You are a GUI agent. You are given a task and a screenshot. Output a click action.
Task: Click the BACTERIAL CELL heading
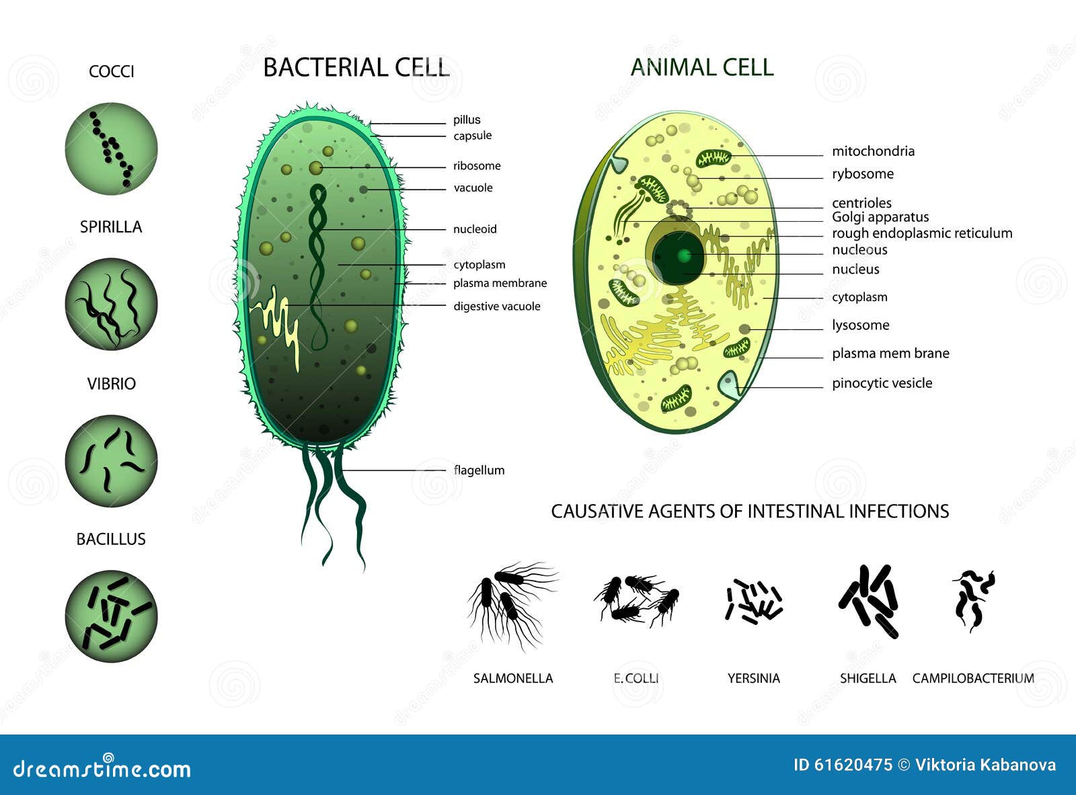(x=356, y=68)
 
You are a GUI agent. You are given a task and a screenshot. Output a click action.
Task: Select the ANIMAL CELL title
(x=702, y=67)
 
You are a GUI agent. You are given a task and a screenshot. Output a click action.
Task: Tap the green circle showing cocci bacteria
(x=112, y=149)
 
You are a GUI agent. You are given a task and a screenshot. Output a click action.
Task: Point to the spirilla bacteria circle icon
(x=112, y=304)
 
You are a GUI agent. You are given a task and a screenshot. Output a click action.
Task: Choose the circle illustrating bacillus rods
(x=112, y=616)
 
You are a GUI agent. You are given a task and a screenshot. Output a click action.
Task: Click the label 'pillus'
(x=467, y=120)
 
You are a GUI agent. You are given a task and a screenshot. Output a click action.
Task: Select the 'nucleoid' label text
(x=475, y=229)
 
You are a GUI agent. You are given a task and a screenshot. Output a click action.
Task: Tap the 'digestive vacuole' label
(x=496, y=306)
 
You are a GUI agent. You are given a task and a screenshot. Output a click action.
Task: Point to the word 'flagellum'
(x=479, y=470)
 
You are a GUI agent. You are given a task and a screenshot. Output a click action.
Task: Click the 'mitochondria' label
(x=873, y=151)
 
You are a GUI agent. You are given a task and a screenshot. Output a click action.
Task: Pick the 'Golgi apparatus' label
(x=880, y=217)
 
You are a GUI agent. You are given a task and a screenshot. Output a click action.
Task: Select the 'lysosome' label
(x=860, y=325)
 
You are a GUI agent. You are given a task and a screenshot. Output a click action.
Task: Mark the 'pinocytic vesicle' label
(x=882, y=383)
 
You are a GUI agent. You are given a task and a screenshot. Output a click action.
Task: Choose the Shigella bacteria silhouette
(x=869, y=600)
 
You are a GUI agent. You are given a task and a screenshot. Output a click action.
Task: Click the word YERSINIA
(x=753, y=679)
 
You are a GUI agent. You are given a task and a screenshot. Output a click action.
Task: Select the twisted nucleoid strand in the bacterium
(x=318, y=262)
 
